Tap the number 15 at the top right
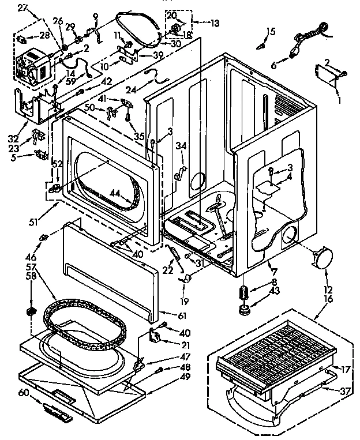tap(271, 31)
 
